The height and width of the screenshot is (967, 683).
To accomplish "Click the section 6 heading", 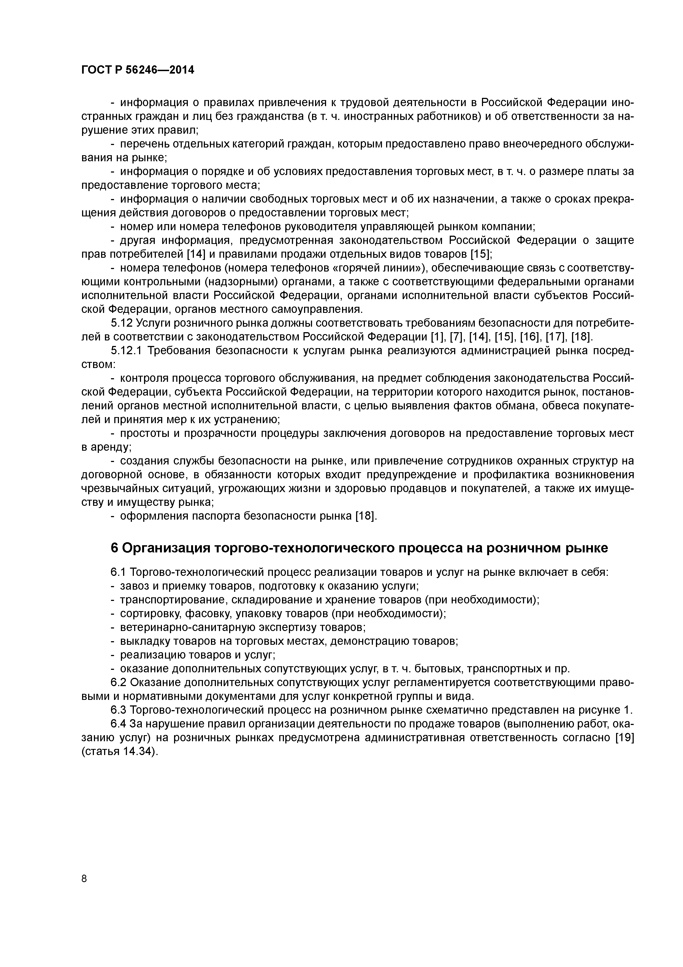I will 359,548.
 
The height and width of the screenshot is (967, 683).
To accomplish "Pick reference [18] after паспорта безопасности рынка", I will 365,516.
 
